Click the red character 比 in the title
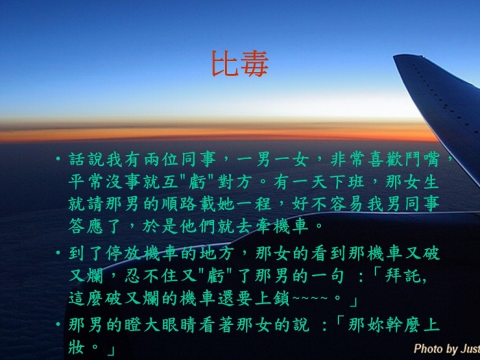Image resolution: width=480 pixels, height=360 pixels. tap(225, 63)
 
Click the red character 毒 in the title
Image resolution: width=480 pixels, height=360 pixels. tap(254, 63)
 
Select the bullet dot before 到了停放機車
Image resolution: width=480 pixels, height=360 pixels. tap(58, 253)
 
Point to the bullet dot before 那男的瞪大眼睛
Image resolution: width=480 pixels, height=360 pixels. tap(58, 324)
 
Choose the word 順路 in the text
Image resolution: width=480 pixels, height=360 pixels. tap(180, 204)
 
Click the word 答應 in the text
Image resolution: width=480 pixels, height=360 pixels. tap(86, 226)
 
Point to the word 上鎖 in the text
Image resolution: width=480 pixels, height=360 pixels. tap(272, 298)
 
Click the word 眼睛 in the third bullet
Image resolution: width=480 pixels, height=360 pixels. tap(180, 324)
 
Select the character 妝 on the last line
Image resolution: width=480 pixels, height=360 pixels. tap(76, 347)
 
